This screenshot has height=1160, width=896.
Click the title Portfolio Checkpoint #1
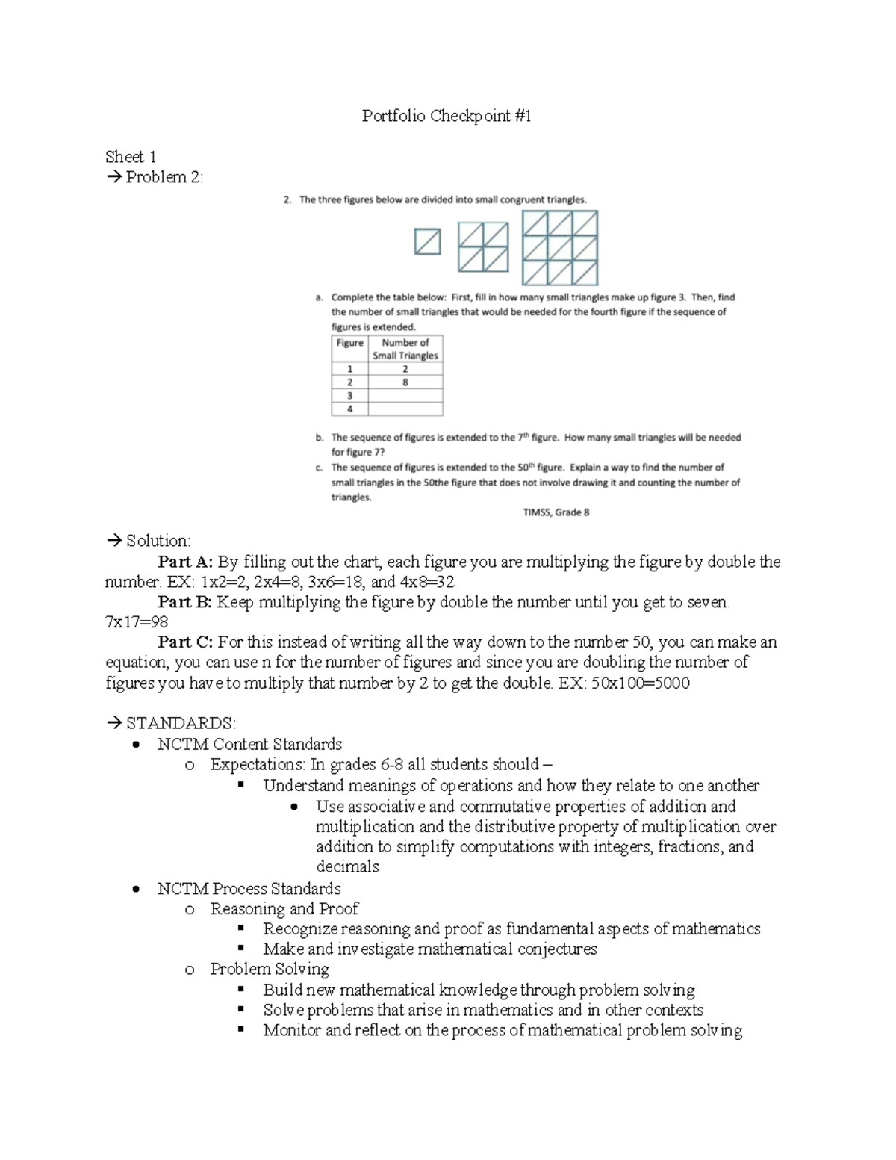447,116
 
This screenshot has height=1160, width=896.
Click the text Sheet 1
131,157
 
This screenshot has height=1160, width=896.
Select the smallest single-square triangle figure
428,242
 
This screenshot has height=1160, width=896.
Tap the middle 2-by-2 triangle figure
482,247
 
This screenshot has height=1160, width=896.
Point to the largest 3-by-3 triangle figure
560,248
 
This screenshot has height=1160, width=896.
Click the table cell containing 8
405,382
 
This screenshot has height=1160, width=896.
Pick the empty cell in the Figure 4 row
405,409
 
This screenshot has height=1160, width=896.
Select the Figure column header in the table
349,343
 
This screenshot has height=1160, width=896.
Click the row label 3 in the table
349,396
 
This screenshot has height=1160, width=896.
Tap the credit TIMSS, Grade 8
556,512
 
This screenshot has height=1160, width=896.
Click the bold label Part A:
185,562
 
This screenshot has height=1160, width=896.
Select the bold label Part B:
185,602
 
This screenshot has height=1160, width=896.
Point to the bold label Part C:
185,642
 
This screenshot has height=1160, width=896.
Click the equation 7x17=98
137,622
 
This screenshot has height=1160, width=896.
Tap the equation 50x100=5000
641,683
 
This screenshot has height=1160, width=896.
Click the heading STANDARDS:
181,723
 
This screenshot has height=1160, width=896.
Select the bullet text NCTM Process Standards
249,889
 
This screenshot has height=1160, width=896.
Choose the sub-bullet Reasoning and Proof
284,909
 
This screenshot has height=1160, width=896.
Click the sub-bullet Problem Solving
270,970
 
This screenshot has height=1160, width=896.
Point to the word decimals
347,867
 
